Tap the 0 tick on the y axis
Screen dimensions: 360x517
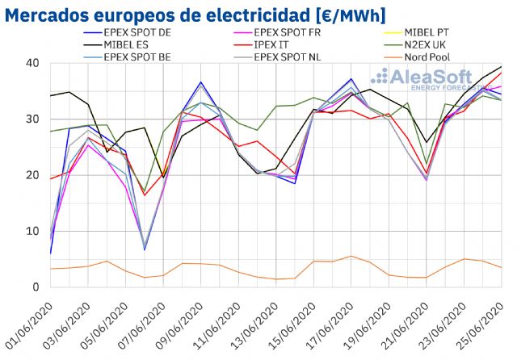(x=36, y=287)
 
